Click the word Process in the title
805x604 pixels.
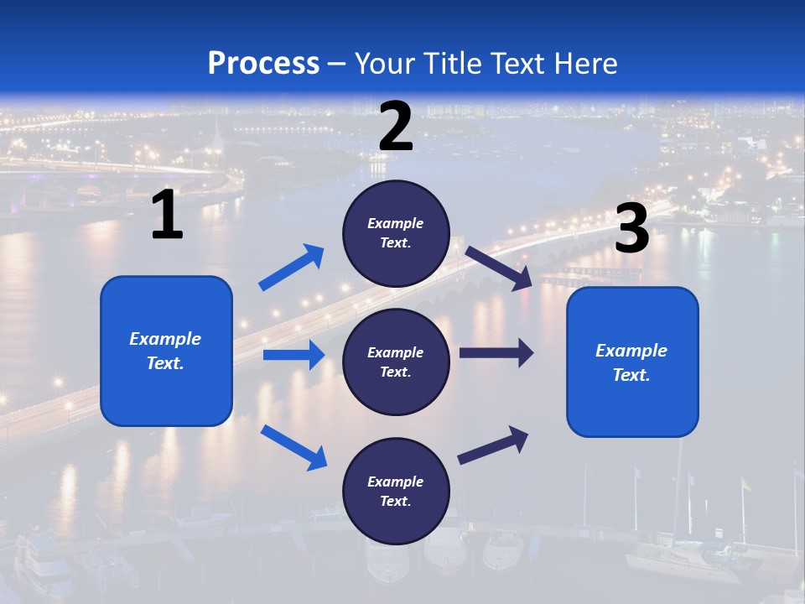[263, 64]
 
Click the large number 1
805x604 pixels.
[167, 216]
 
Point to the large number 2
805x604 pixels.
[396, 127]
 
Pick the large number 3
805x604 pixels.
[631, 229]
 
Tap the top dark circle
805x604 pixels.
[396, 233]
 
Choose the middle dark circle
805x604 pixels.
[396, 362]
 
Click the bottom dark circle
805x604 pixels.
[396, 491]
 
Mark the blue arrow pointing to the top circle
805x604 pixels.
[291, 268]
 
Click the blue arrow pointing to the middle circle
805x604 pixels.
[293, 355]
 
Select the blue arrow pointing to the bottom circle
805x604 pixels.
[293, 447]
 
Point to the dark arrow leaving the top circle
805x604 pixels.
[499, 268]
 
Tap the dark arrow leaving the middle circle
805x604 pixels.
[496, 353]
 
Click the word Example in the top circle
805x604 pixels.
[396, 223]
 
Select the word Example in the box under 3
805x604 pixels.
[631, 351]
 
